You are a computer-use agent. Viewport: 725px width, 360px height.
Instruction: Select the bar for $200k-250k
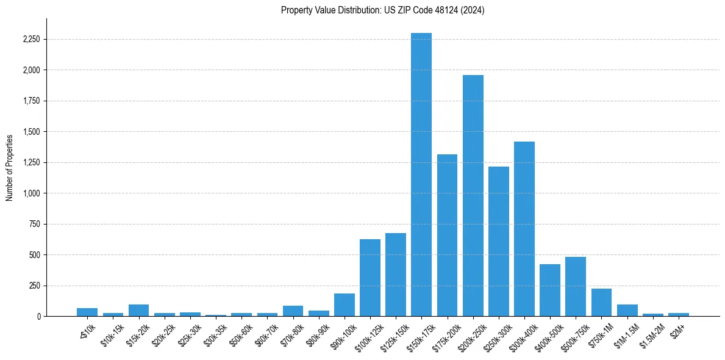point(473,195)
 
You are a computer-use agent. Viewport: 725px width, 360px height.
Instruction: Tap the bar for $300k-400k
point(524,229)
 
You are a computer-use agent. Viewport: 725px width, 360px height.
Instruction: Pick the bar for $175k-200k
point(447,235)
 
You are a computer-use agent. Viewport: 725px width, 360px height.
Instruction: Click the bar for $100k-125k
point(370,278)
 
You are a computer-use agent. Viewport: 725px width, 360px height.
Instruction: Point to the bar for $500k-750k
point(576,287)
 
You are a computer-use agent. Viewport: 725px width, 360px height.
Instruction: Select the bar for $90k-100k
point(345,305)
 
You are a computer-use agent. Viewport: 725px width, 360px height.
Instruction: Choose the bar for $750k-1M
point(601,303)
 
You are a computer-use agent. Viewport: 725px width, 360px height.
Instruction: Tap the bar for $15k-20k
point(139,310)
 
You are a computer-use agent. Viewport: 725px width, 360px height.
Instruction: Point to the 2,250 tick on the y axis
point(30,40)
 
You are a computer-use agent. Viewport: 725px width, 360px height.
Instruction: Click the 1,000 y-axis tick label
point(30,193)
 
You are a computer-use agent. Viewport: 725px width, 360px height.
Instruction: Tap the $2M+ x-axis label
point(678,329)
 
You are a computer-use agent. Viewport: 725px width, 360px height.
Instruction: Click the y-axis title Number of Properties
point(10,167)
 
